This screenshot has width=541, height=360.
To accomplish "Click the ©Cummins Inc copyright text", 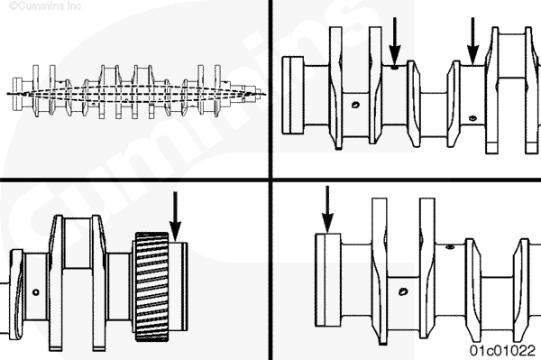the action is tap(45, 6).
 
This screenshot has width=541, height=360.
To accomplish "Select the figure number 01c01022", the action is tap(502, 350).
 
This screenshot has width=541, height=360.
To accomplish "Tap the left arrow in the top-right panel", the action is tap(395, 41).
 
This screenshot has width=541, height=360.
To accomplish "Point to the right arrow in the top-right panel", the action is tap(473, 41).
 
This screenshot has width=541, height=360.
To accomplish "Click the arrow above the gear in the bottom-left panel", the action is tap(175, 216).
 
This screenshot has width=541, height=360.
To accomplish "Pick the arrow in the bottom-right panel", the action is tap(327, 209).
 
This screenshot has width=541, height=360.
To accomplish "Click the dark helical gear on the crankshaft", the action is tap(152, 287).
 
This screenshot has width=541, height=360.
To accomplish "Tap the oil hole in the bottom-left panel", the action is tap(35, 292).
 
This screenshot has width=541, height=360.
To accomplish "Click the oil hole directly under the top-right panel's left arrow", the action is tap(394, 68).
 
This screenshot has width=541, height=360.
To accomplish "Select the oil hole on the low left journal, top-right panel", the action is tap(355, 105).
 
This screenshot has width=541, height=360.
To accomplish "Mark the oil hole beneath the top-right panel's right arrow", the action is tap(472, 118).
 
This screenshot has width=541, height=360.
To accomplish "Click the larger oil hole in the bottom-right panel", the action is tap(403, 291).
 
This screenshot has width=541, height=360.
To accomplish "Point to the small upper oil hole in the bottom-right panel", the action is tap(450, 247).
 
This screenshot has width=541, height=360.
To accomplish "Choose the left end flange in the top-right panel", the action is tap(293, 96).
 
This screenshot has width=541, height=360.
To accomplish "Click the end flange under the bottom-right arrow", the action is tap(328, 280).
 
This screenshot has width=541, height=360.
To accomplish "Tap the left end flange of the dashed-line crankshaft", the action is tap(17, 94).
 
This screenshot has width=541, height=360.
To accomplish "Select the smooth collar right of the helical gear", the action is tap(179, 287).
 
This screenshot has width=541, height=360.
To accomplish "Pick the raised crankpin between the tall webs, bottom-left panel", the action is tap(78, 243).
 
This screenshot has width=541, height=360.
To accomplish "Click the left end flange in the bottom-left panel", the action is tap(16, 294).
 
